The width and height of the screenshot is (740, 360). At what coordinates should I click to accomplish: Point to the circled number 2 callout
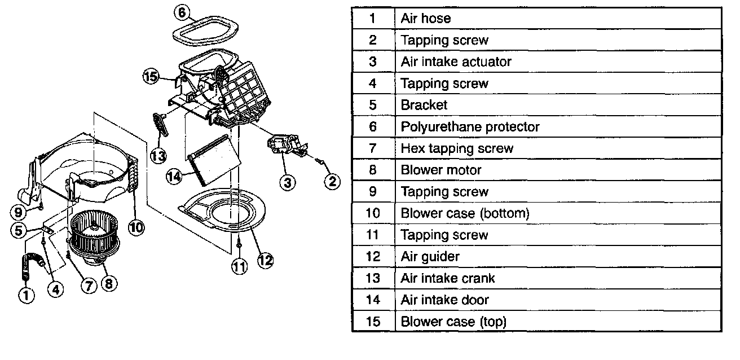(x=332, y=181)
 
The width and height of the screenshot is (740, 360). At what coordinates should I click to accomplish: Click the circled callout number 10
(x=136, y=227)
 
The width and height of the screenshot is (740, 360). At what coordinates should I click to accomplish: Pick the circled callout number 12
(x=265, y=260)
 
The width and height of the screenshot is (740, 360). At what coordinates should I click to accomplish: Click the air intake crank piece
(x=161, y=124)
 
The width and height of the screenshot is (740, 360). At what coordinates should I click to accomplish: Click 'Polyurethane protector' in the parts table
(x=470, y=126)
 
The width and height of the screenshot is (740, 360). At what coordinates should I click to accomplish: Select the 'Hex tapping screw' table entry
(x=457, y=148)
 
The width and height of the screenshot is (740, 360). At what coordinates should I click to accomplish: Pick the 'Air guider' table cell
(x=430, y=256)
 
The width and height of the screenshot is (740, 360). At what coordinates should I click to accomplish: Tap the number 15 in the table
(x=372, y=322)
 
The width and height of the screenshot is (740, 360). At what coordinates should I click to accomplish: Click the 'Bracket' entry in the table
(x=424, y=105)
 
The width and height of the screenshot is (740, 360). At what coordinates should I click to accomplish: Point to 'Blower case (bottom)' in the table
(x=465, y=213)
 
